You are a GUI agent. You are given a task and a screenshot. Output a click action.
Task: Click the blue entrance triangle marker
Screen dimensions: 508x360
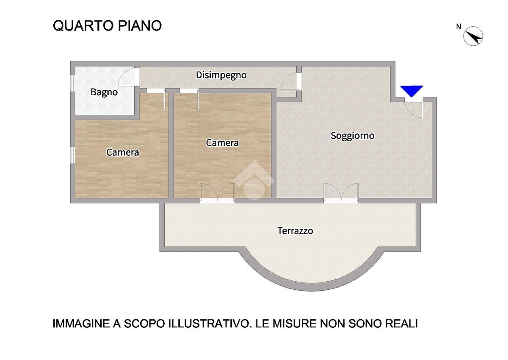(411, 91)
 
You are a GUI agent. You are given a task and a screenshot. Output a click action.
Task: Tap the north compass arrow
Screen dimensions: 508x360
(473, 36)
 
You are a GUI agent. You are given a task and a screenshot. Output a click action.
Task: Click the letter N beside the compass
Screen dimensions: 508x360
(458, 27)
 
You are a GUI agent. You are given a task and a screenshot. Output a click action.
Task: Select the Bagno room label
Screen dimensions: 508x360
(104, 92)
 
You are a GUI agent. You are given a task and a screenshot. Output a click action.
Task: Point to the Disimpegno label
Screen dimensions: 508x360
(221, 75)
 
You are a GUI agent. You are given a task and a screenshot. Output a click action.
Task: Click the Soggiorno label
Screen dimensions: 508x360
(352, 136)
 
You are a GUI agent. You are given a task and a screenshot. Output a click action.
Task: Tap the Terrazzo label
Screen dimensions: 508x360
(295, 231)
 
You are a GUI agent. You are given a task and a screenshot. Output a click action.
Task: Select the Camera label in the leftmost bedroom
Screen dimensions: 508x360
(122, 152)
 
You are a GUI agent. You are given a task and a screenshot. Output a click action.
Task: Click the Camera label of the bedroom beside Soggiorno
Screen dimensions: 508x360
(222, 143)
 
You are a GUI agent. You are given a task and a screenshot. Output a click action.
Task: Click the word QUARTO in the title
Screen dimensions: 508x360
(83, 26)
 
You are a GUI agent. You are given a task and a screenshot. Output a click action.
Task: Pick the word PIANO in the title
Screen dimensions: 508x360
(140, 26)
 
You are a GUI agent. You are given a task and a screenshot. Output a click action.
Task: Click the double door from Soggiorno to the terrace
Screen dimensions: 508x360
(341, 192)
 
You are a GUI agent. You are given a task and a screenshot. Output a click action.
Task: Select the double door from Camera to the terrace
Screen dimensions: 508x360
(217, 192)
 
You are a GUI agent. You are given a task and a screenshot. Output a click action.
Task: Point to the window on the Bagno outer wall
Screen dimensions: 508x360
(72, 83)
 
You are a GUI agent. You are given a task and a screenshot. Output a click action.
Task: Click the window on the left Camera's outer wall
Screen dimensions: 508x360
(72, 155)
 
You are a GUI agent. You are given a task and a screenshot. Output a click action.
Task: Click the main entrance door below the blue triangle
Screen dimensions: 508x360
(414, 108)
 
